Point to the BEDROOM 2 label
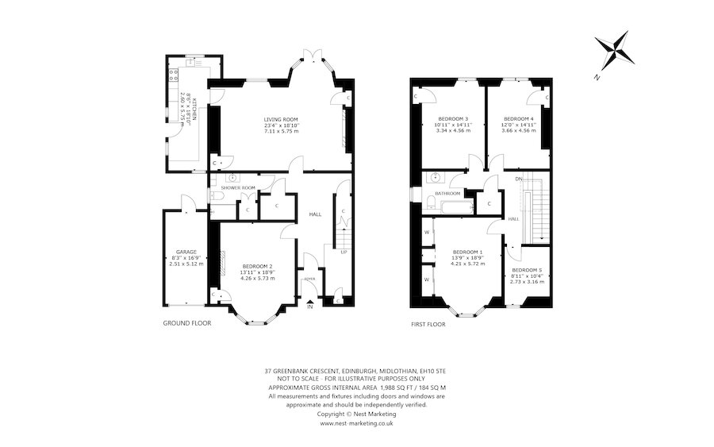(258, 266)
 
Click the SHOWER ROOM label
(236, 187)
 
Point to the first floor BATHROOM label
(447, 193)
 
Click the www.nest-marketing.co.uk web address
(357, 423)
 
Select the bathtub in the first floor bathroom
(447, 206)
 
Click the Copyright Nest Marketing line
(357, 414)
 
